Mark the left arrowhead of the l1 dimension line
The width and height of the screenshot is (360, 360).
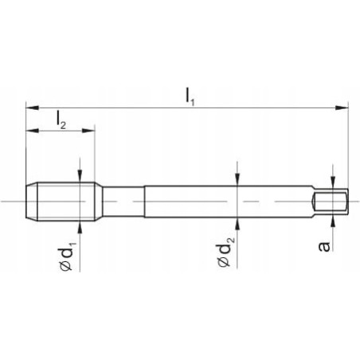(30, 106)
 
